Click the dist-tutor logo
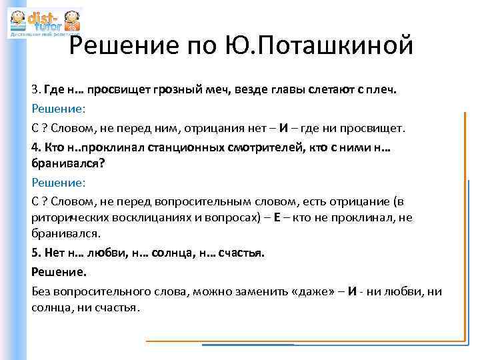coord(44,22)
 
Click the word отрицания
coord(219,127)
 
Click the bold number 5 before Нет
coord(35,253)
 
